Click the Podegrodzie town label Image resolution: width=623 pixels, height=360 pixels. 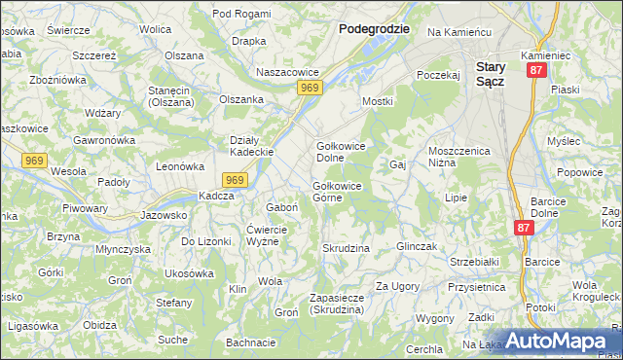[373, 29]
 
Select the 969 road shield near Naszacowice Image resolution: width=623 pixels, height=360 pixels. [310, 89]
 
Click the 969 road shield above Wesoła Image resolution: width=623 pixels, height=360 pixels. [33, 159]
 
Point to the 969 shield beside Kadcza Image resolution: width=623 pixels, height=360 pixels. [234, 180]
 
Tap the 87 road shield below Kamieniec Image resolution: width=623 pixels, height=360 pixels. [535, 72]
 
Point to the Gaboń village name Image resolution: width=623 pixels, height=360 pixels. [281, 207]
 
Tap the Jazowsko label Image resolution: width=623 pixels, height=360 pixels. [164, 215]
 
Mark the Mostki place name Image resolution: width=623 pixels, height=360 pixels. [377, 101]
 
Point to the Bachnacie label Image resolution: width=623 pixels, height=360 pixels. [250, 342]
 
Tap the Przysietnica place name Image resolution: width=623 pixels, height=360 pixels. [476, 288]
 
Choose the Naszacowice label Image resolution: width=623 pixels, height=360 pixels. [286, 73]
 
